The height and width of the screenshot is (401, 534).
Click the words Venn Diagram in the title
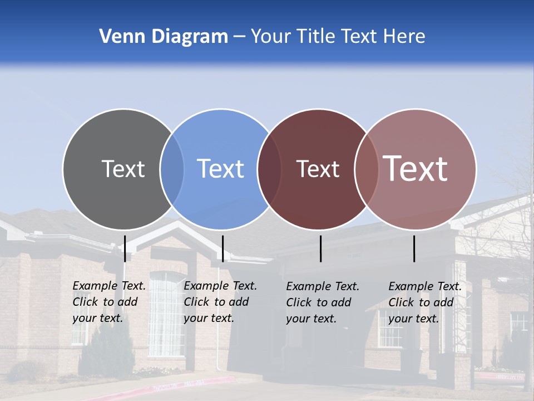coord(164,37)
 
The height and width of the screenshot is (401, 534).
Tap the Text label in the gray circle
coord(123,169)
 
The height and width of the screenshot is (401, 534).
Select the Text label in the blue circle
coord(221,169)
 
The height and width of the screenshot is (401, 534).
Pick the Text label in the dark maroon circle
coord(318,169)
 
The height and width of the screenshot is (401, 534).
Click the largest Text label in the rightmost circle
coord(416,169)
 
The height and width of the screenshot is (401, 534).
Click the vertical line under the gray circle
coord(125,248)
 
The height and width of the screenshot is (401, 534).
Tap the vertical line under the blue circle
coord(222,248)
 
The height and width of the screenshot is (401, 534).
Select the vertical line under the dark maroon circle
coord(320,248)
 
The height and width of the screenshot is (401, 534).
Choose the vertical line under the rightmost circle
coord(414,248)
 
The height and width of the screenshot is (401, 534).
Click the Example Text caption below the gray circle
coord(109,302)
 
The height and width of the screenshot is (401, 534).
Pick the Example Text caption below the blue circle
coord(220,302)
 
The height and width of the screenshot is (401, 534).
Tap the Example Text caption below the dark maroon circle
coord(323,302)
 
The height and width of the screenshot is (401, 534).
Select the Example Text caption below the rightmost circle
coord(425,302)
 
